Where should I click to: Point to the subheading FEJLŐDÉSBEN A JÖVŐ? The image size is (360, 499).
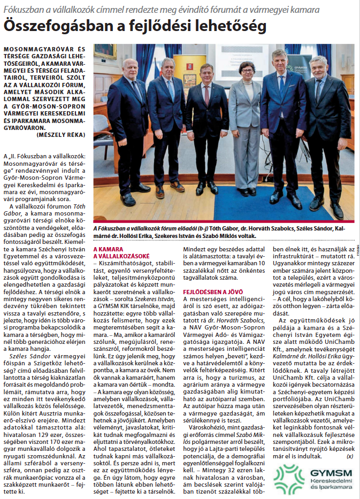tap(209, 291)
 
